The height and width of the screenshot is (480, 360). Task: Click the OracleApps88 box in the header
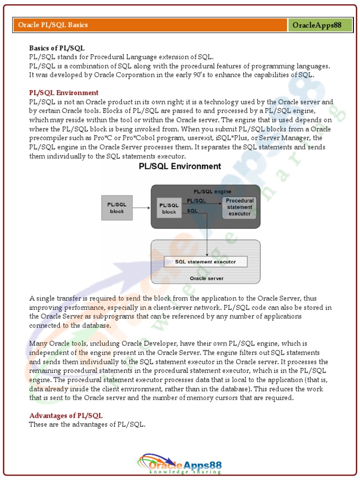coord(320,25)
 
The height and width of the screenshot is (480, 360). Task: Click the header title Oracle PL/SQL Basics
coord(53,25)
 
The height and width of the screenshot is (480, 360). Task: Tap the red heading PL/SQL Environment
coord(64,93)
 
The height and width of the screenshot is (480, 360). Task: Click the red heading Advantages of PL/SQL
coord(66,416)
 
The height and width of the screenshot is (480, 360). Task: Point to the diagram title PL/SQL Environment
coord(180,166)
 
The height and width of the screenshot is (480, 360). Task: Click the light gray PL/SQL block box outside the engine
coord(117,208)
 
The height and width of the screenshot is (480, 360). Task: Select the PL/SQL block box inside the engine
coord(169,209)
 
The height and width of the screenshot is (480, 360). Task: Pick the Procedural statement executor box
coord(240,207)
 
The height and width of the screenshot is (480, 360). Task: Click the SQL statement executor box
coord(205,262)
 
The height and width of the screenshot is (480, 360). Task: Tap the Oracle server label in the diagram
coord(206,278)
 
